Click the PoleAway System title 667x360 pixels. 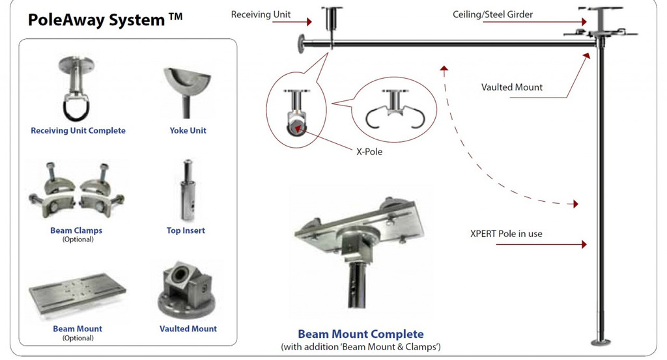(105, 20)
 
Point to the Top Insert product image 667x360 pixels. (186, 189)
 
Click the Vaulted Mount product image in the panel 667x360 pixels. (188, 292)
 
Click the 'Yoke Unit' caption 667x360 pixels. (188, 131)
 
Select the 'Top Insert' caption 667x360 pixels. (186, 231)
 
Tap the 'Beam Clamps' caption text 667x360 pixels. (76, 231)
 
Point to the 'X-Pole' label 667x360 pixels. (369, 152)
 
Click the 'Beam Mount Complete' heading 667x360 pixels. (360, 335)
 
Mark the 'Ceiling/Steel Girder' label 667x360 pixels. (492, 14)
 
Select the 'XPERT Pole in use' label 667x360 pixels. (506, 234)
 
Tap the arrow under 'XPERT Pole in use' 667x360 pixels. (541, 245)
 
